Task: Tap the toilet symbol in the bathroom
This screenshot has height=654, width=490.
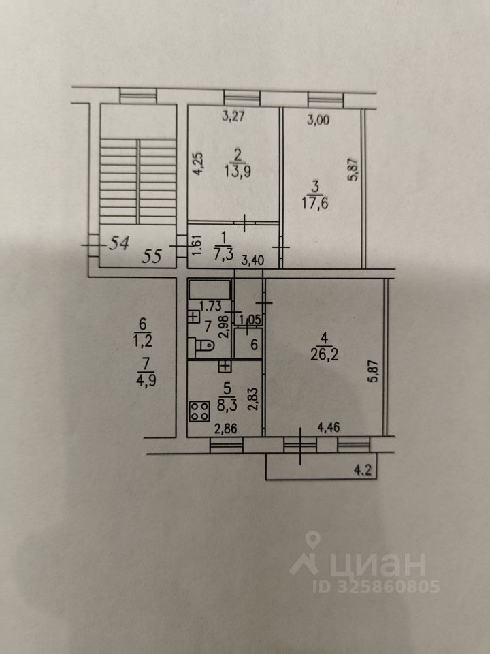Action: [202, 345]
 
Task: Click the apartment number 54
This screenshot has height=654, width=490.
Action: [120, 243]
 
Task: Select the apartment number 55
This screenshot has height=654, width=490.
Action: [152, 257]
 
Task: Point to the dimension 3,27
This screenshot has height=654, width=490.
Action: [233, 116]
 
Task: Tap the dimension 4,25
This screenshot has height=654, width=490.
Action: [197, 164]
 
